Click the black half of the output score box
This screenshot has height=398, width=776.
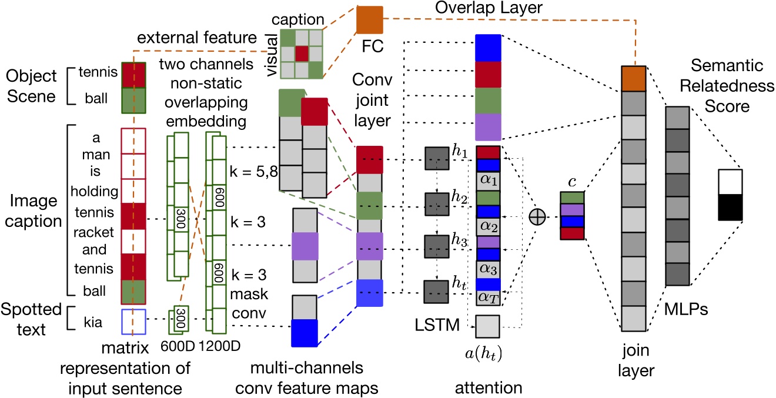[730, 208]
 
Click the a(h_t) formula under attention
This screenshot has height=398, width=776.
[487, 353]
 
